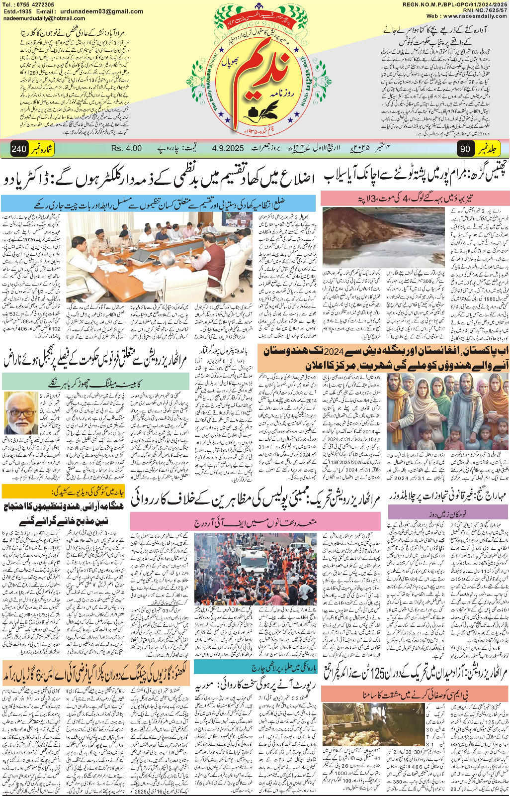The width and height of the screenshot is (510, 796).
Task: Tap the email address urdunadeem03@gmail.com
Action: coord(101,11)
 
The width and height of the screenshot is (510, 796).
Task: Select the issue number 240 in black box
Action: coord(18,149)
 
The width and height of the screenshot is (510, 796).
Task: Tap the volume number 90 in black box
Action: coord(465,149)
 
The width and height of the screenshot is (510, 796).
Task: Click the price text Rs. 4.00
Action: coord(126,148)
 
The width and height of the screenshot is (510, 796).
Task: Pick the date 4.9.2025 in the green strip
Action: coord(227,148)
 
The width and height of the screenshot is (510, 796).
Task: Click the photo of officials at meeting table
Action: coord(159,258)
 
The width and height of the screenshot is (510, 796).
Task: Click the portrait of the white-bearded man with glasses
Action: coord(21,413)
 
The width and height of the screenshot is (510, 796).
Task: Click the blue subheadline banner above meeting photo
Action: coord(158,202)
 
